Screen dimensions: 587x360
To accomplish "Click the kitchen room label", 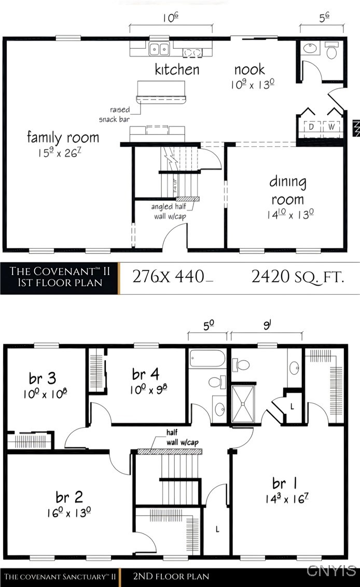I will pyautogui.click(x=177, y=70).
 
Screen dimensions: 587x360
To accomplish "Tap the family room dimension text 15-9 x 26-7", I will pyautogui.click(x=63, y=154).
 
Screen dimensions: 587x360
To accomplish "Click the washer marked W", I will pyautogui.click(x=331, y=127).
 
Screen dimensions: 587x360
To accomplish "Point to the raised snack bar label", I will pyautogui.click(x=114, y=115).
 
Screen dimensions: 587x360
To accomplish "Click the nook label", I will pyautogui.click(x=250, y=70).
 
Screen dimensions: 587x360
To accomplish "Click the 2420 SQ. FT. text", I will pyautogui.click(x=298, y=277).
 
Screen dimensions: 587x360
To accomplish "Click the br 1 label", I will pyautogui.click(x=285, y=484).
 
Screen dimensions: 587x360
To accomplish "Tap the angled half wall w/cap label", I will pyautogui.click(x=169, y=211).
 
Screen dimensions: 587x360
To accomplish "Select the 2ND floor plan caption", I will pyautogui.click(x=171, y=576).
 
